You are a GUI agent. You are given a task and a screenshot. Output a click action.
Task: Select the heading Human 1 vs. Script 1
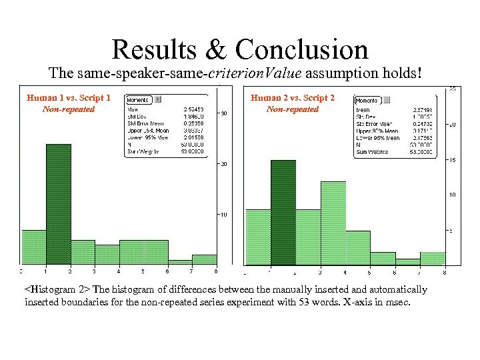click(69, 98)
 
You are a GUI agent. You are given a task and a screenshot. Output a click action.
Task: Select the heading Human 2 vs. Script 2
click(293, 98)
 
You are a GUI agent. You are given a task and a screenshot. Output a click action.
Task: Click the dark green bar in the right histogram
click(283, 213)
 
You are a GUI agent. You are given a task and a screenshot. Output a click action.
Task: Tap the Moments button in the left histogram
click(139, 99)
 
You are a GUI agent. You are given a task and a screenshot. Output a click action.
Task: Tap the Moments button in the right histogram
click(367, 101)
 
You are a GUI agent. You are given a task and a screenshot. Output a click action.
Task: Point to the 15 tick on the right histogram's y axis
click(450, 159)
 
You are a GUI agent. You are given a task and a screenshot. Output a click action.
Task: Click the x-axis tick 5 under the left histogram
click(143, 271)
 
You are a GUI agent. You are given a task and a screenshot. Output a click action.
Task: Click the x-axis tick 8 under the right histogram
click(444, 273)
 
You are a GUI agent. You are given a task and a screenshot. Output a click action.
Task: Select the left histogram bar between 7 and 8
click(204, 259)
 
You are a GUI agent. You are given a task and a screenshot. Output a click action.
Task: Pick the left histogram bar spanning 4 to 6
click(143, 252)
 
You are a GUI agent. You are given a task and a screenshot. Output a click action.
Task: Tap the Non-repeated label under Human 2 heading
click(292, 109)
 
